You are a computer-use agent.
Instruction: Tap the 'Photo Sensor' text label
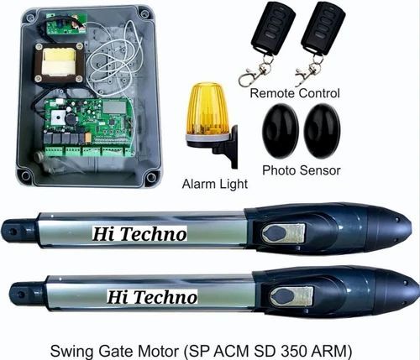(x=301, y=171)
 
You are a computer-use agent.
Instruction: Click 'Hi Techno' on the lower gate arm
(x=151, y=296)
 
